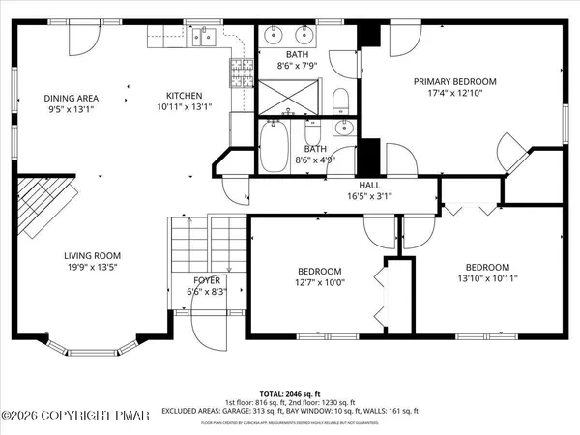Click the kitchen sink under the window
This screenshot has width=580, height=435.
pyautogui.click(x=204, y=38)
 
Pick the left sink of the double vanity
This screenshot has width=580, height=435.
pyautogui.click(x=274, y=37)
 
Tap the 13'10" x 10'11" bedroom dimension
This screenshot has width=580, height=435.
pyautogui.click(x=487, y=279)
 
